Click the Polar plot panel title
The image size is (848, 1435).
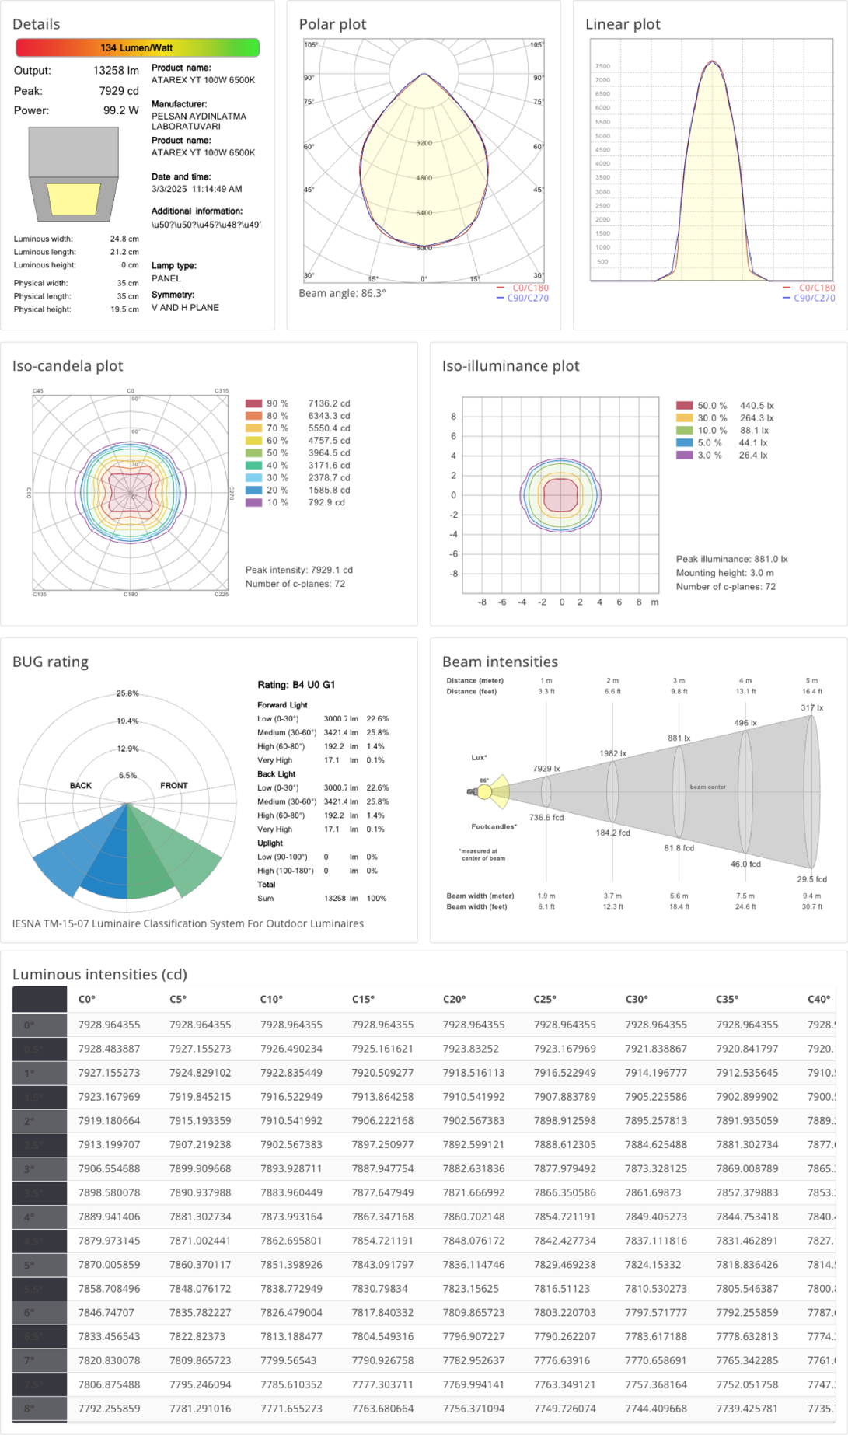332,24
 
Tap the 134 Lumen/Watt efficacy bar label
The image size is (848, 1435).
137,47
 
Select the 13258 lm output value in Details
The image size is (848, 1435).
116,71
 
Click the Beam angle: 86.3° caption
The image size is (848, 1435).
342,293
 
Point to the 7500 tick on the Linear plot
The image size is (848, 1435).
602,67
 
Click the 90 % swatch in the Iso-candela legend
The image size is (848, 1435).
253,403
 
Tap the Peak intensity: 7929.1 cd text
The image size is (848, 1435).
298,570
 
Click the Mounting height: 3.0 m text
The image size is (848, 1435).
724,573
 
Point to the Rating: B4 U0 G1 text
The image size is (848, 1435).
296,685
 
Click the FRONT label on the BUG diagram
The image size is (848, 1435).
174,786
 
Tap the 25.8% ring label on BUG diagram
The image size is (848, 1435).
127,693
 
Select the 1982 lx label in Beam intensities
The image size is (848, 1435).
612,753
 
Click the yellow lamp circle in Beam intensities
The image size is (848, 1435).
484,792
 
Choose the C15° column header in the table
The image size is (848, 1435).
363,999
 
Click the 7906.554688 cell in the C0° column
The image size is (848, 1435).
109,1168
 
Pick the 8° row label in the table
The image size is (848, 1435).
30,1408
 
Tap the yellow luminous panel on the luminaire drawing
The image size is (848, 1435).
74,199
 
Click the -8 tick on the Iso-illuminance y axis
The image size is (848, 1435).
454,574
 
